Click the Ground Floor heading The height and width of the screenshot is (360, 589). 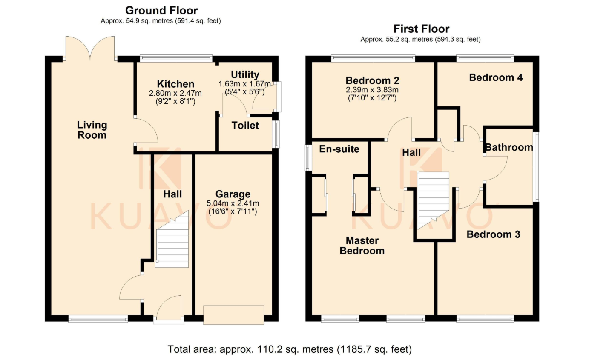click(161, 11)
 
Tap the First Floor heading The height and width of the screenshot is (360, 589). click(421, 29)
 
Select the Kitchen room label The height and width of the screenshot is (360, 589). click(175, 84)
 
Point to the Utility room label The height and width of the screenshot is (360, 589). click(245, 75)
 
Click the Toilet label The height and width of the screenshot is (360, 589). click(245, 126)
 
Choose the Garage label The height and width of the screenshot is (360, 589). click(233, 194)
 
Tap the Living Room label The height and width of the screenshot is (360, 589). click(92, 130)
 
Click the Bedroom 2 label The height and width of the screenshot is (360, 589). click(372, 80)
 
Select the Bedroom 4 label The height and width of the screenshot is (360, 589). click(496, 77)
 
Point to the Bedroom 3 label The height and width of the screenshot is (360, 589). click(493, 234)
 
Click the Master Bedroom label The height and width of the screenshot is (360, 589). click(362, 246)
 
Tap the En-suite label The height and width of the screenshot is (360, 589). click(339, 149)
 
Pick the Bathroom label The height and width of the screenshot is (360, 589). click(509, 147)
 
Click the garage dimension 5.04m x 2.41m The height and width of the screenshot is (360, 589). click(233, 203)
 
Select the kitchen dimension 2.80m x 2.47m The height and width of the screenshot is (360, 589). click(175, 93)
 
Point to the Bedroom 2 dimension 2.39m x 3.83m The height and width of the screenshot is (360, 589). click(372, 90)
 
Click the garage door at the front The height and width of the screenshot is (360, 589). click(233, 315)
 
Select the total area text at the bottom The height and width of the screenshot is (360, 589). click(290, 349)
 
